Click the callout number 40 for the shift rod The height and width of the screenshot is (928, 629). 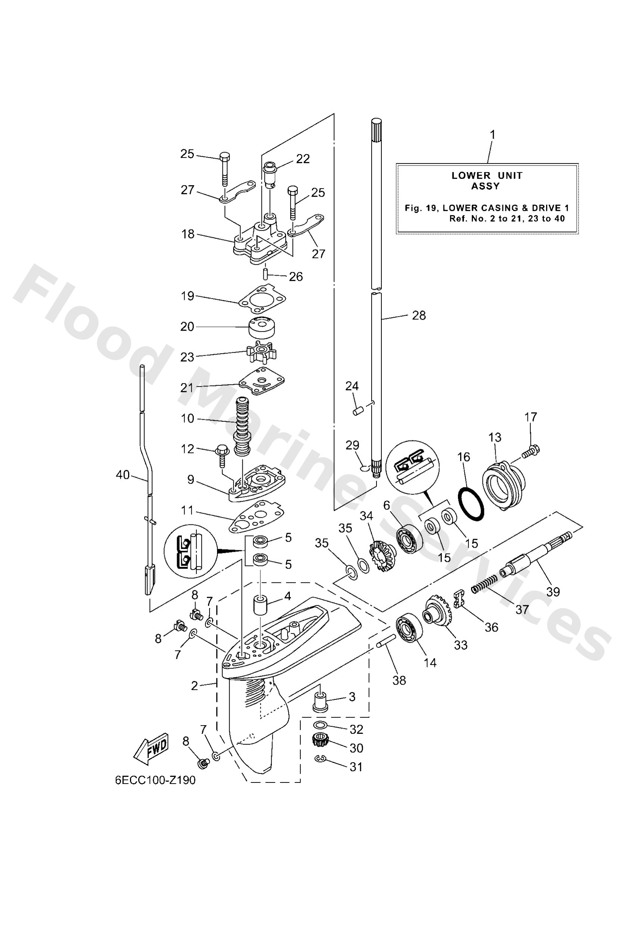point(123,475)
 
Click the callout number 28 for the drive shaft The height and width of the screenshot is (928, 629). point(419,315)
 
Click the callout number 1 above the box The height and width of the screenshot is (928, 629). point(492,135)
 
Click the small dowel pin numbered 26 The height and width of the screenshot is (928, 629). point(265,275)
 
